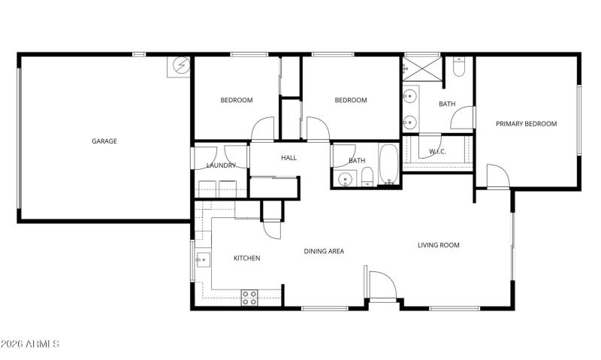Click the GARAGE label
(x=104, y=141)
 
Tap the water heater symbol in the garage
(x=180, y=66)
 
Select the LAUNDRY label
(x=221, y=165)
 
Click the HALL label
(x=289, y=158)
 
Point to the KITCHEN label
(x=246, y=259)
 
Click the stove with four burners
(x=249, y=297)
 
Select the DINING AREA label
(x=324, y=251)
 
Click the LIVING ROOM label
(x=439, y=245)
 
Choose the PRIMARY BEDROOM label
(x=526, y=124)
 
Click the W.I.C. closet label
(x=437, y=152)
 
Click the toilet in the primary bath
(x=460, y=69)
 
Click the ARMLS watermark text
(x=30, y=344)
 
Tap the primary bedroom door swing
(x=497, y=177)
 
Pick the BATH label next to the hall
(x=357, y=160)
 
